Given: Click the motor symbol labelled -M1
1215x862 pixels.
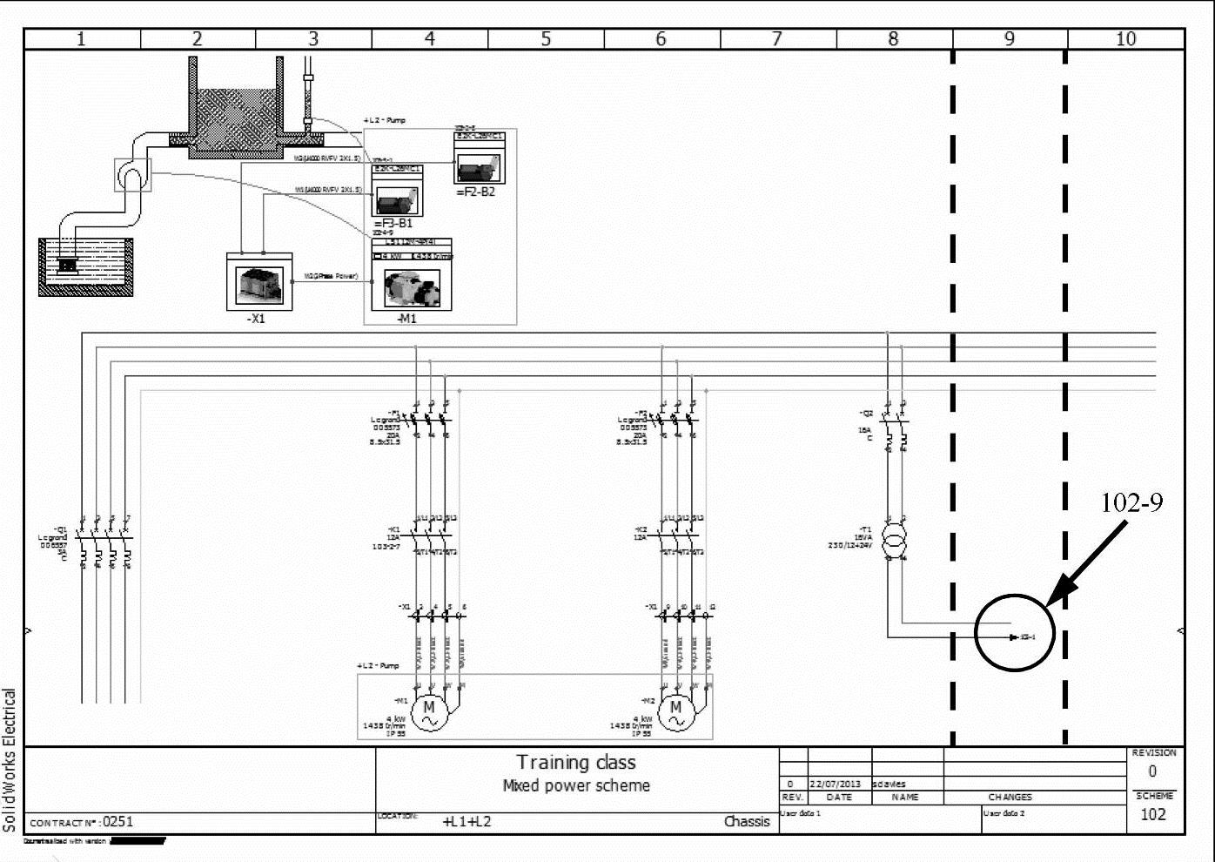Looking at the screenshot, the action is tap(428, 712).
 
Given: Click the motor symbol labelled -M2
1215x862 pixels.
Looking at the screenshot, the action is tap(675, 712).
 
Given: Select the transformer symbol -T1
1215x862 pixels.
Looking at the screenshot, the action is tap(894, 540).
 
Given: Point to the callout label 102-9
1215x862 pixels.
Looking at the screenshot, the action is tap(1131, 503).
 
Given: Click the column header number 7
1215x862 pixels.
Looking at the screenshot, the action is tap(777, 38).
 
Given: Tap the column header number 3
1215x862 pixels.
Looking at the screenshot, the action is tap(313, 38).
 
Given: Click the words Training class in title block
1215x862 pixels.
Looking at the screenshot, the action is tap(576, 763).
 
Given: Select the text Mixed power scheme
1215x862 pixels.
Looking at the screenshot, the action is tap(576, 785).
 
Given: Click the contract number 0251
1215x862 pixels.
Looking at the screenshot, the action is tap(118, 821).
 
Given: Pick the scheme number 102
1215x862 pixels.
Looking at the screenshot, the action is tap(1153, 814).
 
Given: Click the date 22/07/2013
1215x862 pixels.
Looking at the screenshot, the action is tap(836, 784).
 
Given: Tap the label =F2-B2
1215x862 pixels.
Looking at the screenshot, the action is tap(476, 192).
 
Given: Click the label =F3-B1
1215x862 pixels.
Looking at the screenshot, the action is tap(393, 223).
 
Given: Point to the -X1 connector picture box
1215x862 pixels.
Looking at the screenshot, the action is tap(259, 282).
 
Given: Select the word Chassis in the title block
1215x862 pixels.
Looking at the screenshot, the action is tap(747, 821).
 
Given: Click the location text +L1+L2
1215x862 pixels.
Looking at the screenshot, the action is tap(467, 821).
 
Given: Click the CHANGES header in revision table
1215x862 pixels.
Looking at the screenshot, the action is tap(1010, 797).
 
